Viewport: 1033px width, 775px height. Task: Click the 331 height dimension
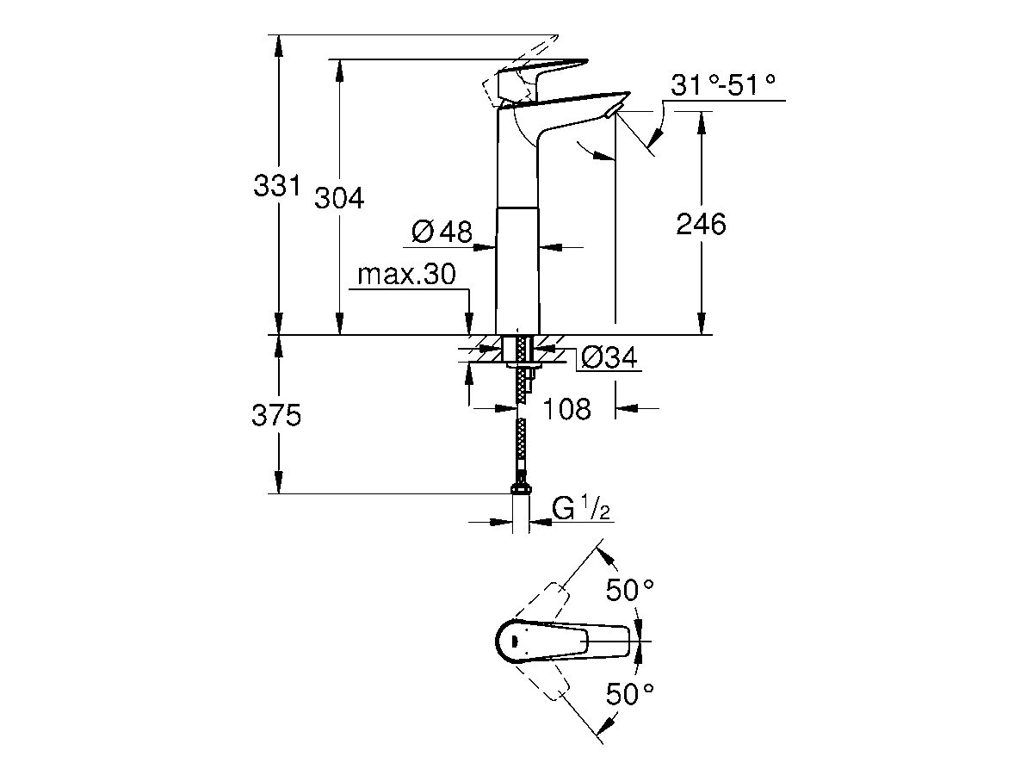pos(275,186)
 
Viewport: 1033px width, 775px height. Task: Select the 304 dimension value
pos(338,199)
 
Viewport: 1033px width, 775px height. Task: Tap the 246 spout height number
pos(701,224)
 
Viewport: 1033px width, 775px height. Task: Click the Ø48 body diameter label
pos(442,231)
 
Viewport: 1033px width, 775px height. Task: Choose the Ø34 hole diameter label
pos(609,357)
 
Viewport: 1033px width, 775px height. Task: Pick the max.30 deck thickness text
pos(405,275)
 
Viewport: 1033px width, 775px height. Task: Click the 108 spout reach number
pos(568,408)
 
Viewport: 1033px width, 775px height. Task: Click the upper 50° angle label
pos(628,591)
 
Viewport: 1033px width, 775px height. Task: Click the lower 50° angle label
pos(628,692)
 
